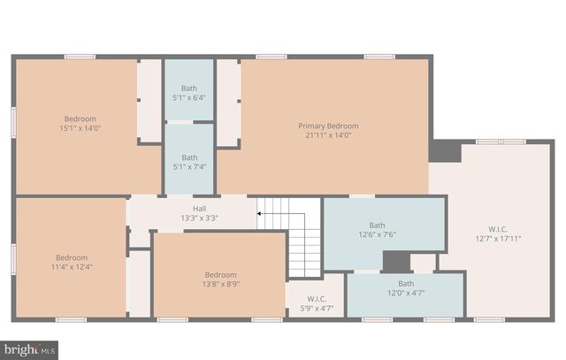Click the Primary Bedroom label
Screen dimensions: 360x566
pyautogui.click(x=328, y=126)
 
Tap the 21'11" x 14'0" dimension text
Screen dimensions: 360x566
pyautogui.click(x=328, y=136)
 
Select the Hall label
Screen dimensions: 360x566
pyautogui.click(x=200, y=208)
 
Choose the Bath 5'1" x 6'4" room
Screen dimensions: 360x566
pyautogui.click(x=189, y=92)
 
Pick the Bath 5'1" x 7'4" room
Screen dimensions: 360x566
pyautogui.click(x=189, y=159)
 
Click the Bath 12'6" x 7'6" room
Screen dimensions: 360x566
pyautogui.click(x=378, y=231)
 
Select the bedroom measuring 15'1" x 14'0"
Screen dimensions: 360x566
pyautogui.click(x=80, y=124)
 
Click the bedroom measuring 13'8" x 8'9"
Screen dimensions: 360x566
pyautogui.click(x=221, y=279)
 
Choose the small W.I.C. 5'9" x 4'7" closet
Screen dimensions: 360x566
pyautogui.click(x=316, y=303)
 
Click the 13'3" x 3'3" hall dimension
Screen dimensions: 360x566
pyautogui.click(x=200, y=218)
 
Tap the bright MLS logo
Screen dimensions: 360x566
pyautogui.click(x=29, y=349)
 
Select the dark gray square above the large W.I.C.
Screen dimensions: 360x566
pyautogui.click(x=446, y=150)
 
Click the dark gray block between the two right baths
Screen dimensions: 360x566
pyautogui.click(x=396, y=262)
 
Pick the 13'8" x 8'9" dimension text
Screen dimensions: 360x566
pyautogui.click(x=221, y=284)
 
